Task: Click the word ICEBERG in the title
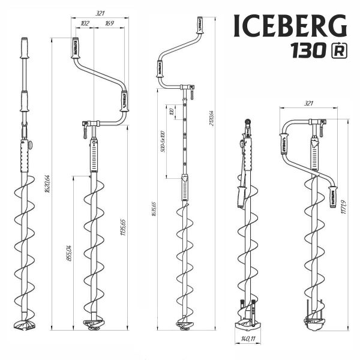[x=290, y=26]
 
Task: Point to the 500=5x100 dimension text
[x=162, y=141]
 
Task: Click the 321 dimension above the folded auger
[x=308, y=103]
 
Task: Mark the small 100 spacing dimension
[x=171, y=112]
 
